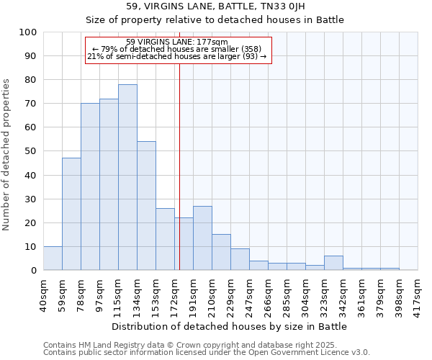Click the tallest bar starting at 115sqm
point(127,177)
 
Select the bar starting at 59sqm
point(71,214)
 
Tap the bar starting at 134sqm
point(146,206)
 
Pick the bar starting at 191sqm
point(202,238)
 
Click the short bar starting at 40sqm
point(53,258)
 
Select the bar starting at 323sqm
point(333,263)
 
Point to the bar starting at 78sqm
point(90,186)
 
